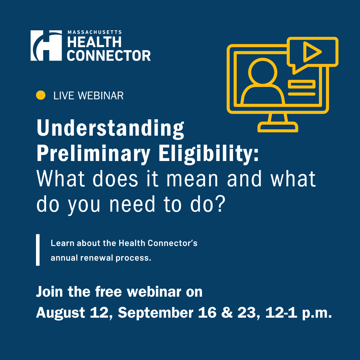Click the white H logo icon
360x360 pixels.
coord(46,45)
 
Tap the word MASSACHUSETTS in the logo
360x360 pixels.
coord(95,32)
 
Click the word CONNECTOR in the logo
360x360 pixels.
coord(109,56)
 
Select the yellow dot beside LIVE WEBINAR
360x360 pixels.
coord(41,95)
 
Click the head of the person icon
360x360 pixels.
coord(263,71)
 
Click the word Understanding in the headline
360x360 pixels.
coord(110,129)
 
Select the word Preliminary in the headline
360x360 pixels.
coord(93,154)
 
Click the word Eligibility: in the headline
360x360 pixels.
coord(209,154)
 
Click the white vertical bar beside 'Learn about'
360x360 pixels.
coord(38,250)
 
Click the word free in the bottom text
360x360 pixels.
coord(108,292)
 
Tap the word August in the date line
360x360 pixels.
coord(61,313)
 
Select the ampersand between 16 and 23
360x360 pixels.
coord(227,313)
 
